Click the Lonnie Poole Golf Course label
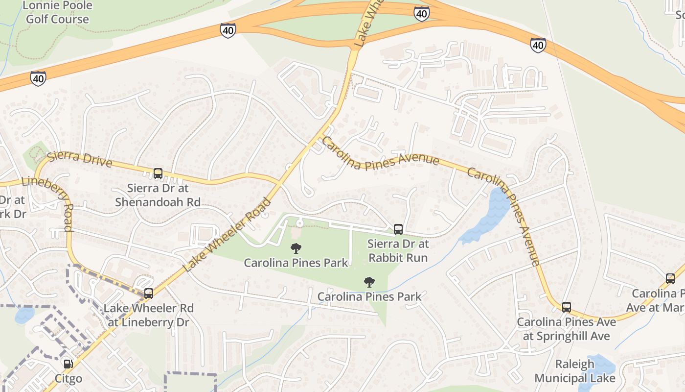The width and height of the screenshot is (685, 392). pos(57,13)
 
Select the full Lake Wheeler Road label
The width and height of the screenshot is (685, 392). pos(227,235)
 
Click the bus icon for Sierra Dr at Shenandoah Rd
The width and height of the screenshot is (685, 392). pos(158,173)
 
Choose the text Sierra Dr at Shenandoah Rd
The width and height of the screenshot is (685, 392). pos(158,195)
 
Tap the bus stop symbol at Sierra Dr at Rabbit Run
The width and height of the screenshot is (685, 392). pos(398,229)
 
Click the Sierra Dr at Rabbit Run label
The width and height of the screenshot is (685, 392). pos(398,251)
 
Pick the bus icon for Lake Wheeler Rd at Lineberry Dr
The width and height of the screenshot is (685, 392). pos(149,293)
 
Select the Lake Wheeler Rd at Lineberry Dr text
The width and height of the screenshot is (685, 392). pos(148,315)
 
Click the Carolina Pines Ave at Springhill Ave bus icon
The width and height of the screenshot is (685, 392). pos(566,307)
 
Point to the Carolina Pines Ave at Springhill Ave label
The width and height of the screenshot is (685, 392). pos(566,329)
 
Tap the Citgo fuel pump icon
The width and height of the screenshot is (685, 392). pos(68,364)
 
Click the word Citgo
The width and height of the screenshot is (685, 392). pos(68,379)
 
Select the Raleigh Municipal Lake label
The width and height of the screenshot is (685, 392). pos(574,371)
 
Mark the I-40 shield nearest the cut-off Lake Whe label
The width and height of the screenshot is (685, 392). pos(421,13)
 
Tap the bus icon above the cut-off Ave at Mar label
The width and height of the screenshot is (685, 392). pos(670,278)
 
